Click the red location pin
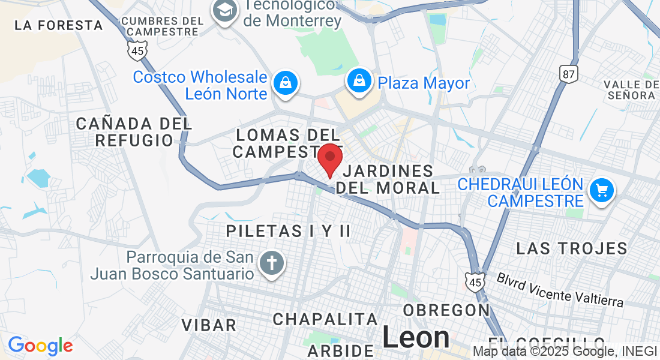point(329,158)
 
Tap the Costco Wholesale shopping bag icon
point(286,83)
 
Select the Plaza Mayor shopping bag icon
point(359,83)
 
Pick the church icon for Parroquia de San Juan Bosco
point(272,265)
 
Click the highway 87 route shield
point(568,73)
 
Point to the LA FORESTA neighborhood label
point(59,25)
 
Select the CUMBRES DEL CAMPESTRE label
point(163,26)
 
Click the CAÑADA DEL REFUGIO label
point(134,132)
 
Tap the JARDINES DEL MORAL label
point(388,179)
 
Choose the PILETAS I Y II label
point(288,231)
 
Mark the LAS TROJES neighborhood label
point(571,248)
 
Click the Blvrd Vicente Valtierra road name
point(560,289)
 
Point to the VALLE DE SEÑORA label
point(630,89)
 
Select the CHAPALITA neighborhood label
point(325,319)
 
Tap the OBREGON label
point(447,310)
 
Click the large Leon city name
point(416,337)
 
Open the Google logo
point(40,346)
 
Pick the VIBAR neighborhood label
point(209,325)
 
